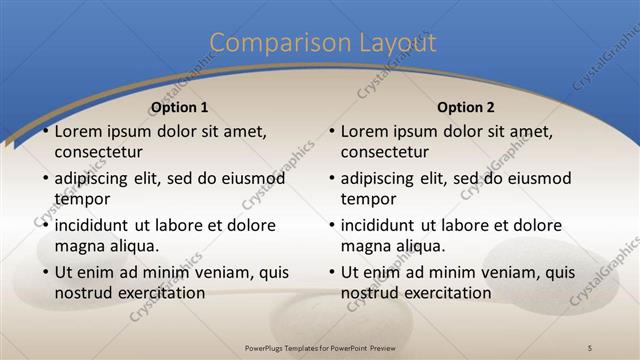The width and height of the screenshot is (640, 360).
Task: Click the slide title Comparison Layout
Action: point(322,43)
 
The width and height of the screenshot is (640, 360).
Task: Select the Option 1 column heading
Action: point(179,107)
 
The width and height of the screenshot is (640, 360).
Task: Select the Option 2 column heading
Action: point(466,107)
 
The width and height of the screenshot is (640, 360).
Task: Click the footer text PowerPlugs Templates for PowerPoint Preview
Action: point(320,346)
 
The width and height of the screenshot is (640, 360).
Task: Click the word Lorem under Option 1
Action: point(77,131)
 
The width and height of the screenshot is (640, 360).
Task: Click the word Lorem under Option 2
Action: point(364,131)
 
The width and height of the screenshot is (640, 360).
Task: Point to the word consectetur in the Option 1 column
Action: point(98,152)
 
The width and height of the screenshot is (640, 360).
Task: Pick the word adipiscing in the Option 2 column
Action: point(377,178)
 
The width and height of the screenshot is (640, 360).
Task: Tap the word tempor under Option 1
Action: point(81,199)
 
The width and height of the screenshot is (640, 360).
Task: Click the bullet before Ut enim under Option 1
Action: point(45,272)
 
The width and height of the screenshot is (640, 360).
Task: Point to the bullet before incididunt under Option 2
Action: point(332,225)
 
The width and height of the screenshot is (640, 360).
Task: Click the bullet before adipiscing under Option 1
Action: point(45,178)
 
